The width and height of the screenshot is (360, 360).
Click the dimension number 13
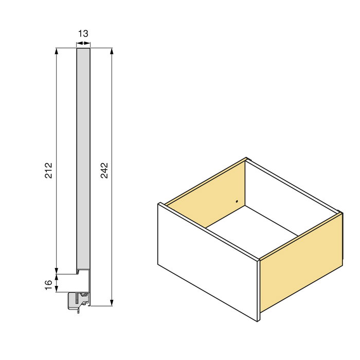(x=83, y=34)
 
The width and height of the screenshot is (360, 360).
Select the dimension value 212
(x=48, y=170)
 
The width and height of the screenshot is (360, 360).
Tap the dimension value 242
(x=104, y=170)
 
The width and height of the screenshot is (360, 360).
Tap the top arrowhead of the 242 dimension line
(x=112, y=51)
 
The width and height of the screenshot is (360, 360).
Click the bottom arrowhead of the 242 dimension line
(x=112, y=303)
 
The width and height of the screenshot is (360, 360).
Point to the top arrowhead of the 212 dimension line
(x=56, y=51)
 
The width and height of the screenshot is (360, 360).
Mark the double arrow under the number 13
(x=83, y=44)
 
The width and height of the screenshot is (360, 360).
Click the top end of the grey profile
(x=83, y=49)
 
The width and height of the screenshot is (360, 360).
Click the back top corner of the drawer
(x=246, y=158)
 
